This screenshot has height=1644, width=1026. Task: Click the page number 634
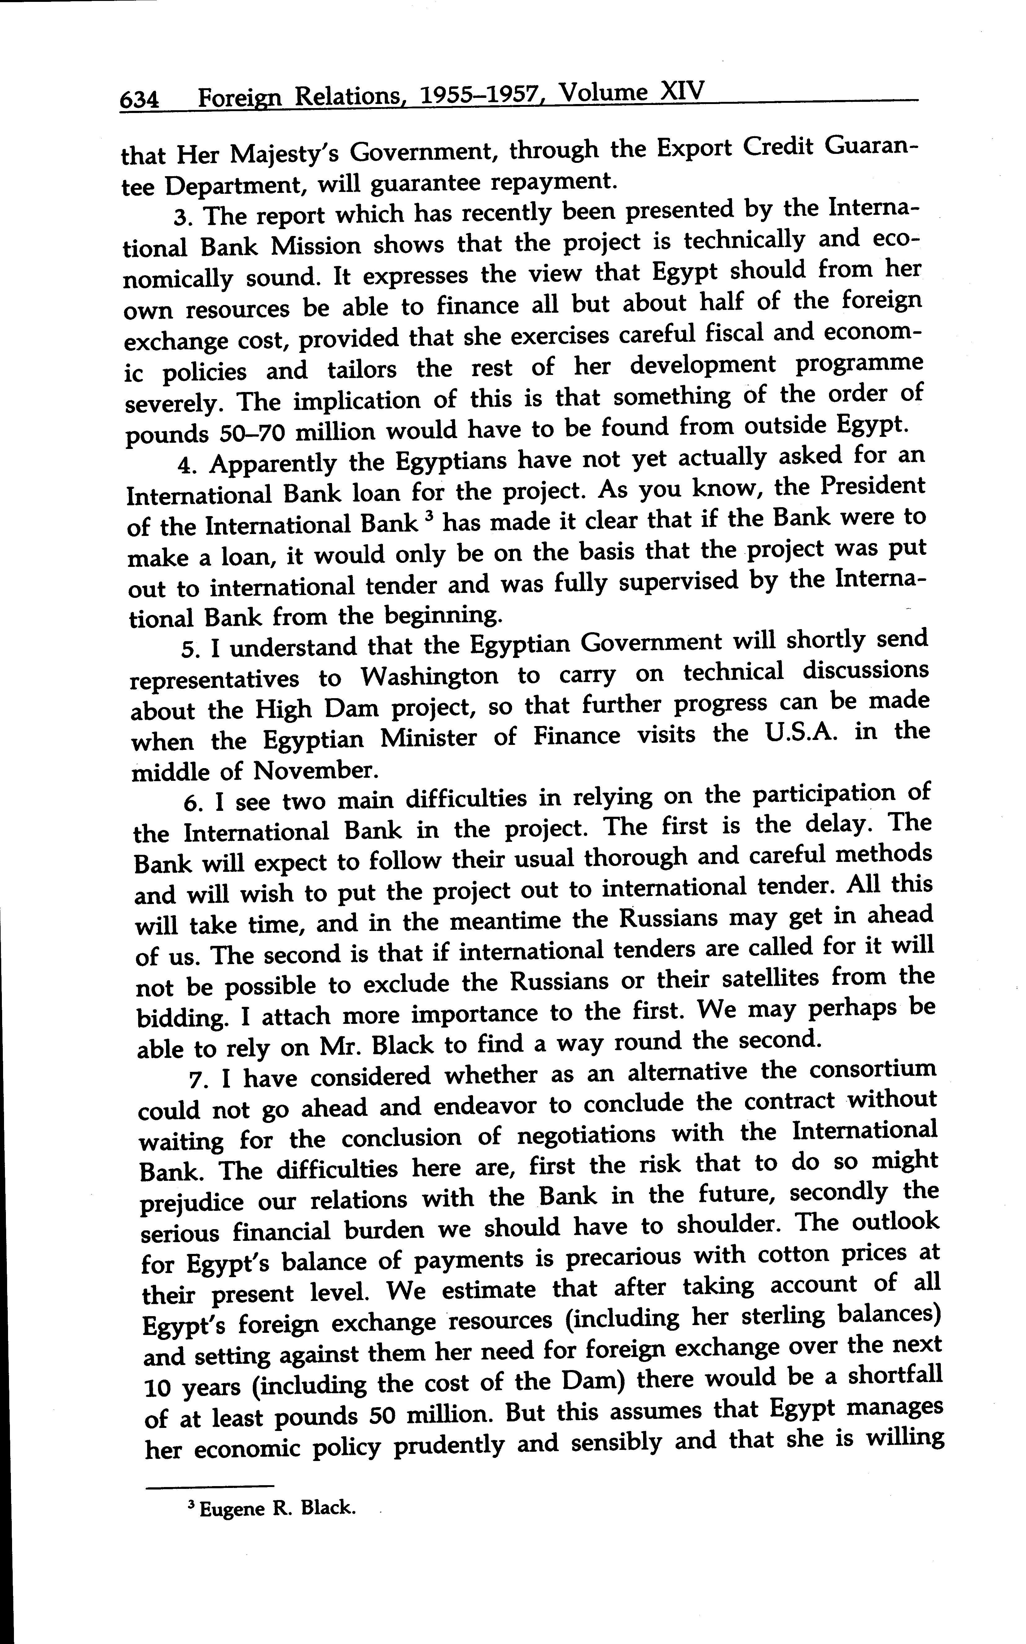(x=140, y=100)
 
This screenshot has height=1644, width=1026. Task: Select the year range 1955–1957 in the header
(x=478, y=95)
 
